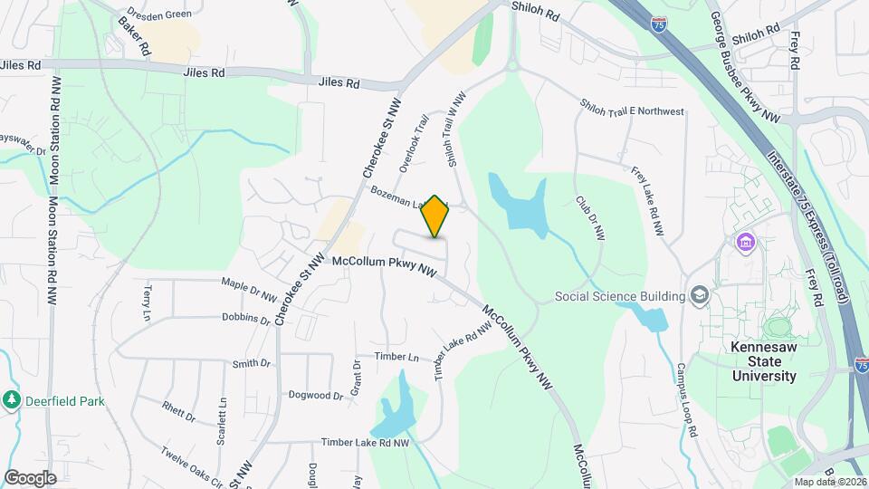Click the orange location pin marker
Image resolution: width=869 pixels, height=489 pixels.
pyautogui.click(x=435, y=216)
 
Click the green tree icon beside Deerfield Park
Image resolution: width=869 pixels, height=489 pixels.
pyautogui.click(x=11, y=399)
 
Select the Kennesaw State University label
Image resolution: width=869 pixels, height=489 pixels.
pyautogui.click(x=764, y=361)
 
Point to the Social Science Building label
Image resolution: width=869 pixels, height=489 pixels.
pyautogui.click(x=619, y=296)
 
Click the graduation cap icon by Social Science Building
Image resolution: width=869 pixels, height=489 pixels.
pyautogui.click(x=700, y=295)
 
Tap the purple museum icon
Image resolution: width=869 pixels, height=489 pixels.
pyautogui.click(x=746, y=243)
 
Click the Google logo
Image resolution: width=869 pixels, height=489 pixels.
pyautogui.click(x=30, y=477)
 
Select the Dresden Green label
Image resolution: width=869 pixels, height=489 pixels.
pyautogui.click(x=159, y=14)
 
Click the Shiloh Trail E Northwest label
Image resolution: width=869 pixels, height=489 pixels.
pyautogui.click(x=632, y=110)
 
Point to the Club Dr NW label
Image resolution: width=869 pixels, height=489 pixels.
pyautogui.click(x=589, y=217)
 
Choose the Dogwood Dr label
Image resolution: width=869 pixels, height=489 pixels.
pyautogui.click(x=315, y=395)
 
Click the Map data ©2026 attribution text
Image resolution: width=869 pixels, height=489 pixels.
pyautogui.click(x=830, y=481)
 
